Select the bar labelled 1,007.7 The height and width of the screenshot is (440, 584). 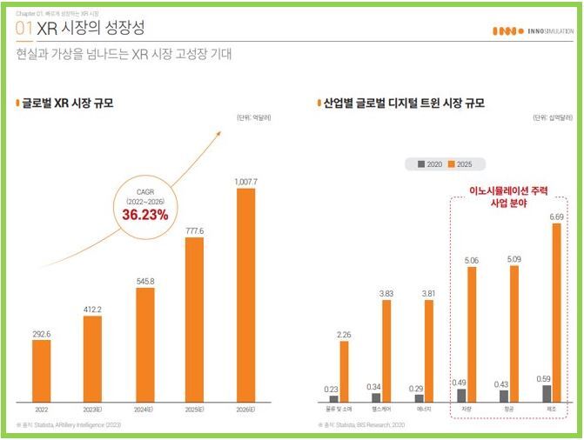point(246,296)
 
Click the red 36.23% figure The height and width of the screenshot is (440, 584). point(144,212)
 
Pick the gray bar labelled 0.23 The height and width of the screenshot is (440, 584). point(333,399)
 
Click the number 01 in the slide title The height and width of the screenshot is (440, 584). point(25,30)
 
